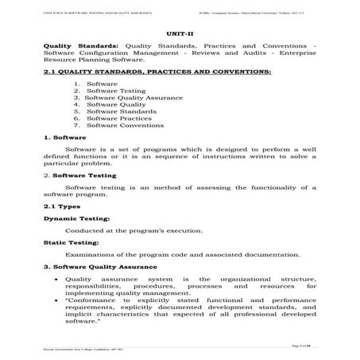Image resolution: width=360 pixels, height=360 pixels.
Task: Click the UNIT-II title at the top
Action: [180, 33]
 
